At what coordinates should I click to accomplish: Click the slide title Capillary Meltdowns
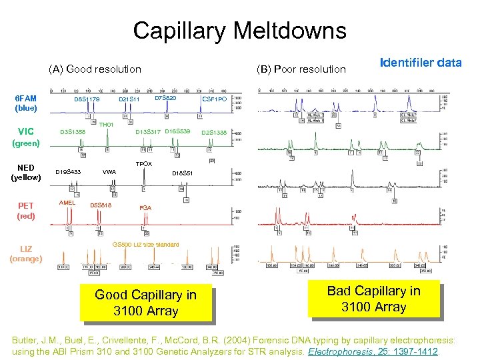point(239,31)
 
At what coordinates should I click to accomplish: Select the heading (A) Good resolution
point(95,69)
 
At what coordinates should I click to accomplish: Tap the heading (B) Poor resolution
point(301,69)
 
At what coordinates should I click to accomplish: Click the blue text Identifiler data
point(420,63)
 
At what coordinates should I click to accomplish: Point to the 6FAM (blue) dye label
point(27,103)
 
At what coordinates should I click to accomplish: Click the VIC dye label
point(27,131)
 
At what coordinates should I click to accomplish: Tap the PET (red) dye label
point(27,211)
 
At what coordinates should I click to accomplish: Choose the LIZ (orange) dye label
point(27,254)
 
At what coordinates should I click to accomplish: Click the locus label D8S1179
point(87,100)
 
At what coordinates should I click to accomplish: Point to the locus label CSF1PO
point(215,99)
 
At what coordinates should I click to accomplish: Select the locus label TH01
point(107,125)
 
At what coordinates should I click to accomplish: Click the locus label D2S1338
point(214,132)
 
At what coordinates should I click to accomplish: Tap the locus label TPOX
point(144,163)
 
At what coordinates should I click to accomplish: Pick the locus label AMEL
point(67,202)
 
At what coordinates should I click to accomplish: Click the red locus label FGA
point(145,208)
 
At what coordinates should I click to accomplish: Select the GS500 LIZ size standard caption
point(146,245)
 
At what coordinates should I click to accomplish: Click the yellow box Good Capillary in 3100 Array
point(145,303)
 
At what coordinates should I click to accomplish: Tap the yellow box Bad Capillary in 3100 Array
point(373,299)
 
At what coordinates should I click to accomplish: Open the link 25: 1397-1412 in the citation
point(417,350)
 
